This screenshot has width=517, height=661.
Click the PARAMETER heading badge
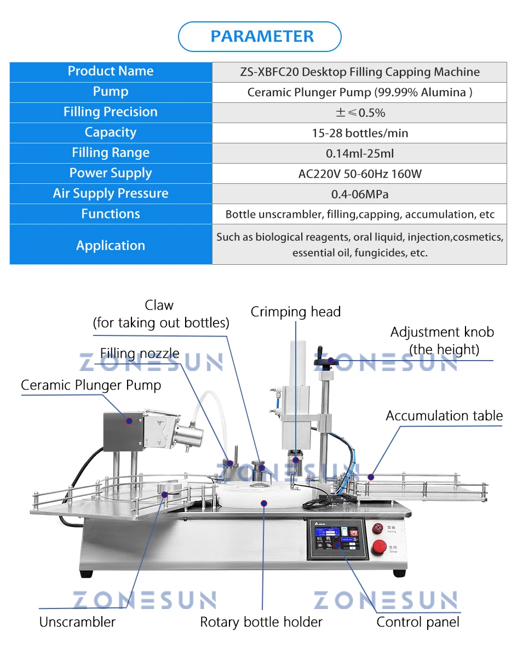click(x=260, y=37)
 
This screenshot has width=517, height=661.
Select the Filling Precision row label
click(x=111, y=112)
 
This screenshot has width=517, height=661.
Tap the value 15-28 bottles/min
click(x=359, y=133)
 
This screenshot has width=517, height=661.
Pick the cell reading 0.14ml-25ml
click(x=359, y=153)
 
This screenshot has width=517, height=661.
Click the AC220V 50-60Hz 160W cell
click(x=359, y=174)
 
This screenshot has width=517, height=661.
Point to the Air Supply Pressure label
click(x=111, y=194)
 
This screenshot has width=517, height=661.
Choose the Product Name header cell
click(x=111, y=71)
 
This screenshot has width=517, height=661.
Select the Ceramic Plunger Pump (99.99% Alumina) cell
click(x=359, y=92)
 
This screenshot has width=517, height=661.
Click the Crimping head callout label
click(x=296, y=312)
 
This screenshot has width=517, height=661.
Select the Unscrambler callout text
click(x=77, y=622)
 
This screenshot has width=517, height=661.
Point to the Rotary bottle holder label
click(x=261, y=622)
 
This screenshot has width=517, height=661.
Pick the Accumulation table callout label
click(x=444, y=416)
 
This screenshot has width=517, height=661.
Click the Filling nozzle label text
click(x=140, y=353)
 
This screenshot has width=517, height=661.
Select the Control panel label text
click(x=418, y=622)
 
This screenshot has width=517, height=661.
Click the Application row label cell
click(x=111, y=245)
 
